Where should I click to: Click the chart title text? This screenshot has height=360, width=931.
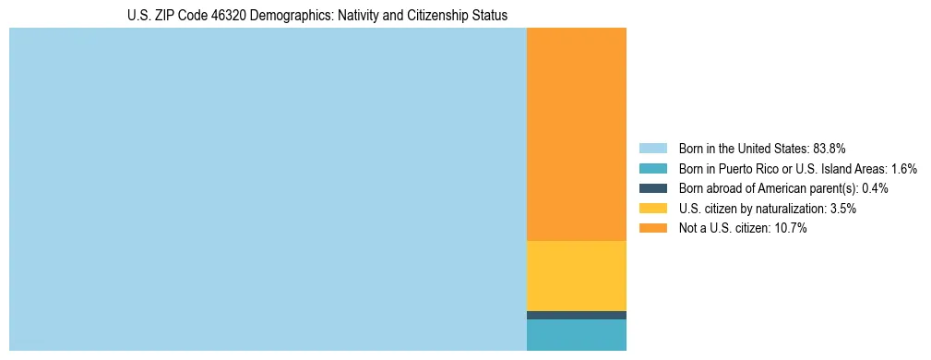click(317, 16)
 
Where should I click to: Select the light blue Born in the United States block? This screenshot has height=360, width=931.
click(268, 189)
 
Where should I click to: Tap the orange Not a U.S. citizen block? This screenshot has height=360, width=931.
click(576, 134)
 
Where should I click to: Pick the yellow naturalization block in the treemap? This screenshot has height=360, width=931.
click(576, 275)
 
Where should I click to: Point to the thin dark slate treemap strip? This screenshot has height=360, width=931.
click(576, 315)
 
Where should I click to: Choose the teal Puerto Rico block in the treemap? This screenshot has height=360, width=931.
click(576, 335)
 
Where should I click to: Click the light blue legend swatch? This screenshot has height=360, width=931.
click(652, 148)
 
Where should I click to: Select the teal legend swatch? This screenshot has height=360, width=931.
click(652, 168)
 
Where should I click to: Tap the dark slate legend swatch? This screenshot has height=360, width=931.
click(652, 188)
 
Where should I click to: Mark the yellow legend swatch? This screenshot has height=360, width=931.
click(652, 209)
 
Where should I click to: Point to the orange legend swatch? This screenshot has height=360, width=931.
click(652, 228)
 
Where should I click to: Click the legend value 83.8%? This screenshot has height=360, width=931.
click(829, 148)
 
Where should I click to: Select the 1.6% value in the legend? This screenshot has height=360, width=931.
click(903, 168)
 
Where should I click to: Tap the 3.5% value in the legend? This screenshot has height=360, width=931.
click(842, 209)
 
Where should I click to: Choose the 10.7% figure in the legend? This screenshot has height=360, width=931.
click(791, 228)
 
